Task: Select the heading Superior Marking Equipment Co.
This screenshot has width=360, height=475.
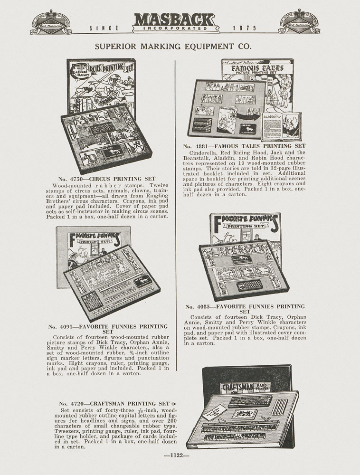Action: click(x=173, y=47)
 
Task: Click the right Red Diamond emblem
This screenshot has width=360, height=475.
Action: click(x=299, y=22)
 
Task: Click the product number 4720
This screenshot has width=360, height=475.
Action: click(x=76, y=404)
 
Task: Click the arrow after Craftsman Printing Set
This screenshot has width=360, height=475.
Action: click(x=173, y=404)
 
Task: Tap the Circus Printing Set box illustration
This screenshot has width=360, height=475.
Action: click(x=107, y=116)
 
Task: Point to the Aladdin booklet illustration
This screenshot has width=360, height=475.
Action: click(x=288, y=125)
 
